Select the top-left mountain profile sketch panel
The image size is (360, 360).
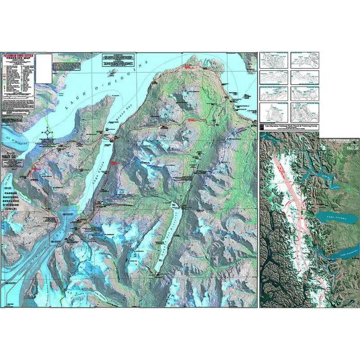click(x=273, y=59)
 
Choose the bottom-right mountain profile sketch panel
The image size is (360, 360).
click(x=305, y=112)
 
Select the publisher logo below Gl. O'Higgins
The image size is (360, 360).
click(x=9, y=156)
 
